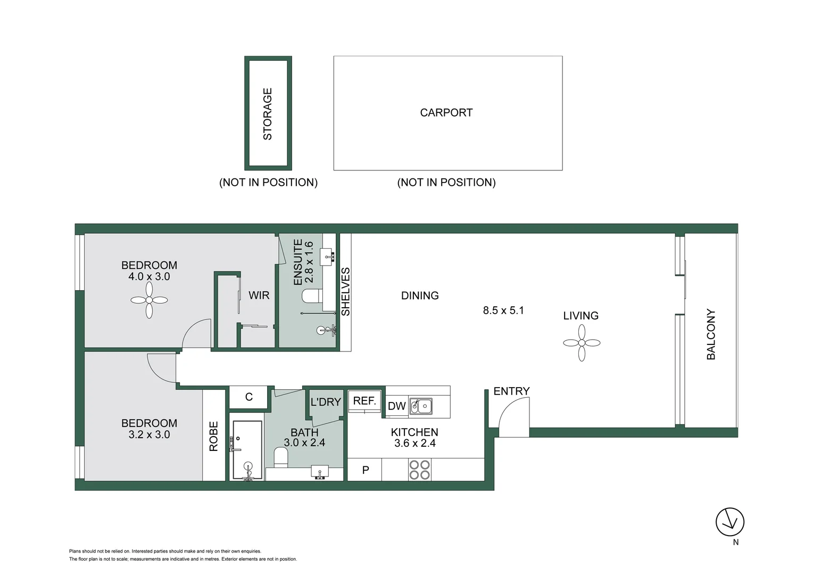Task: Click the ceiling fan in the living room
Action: click(x=582, y=343)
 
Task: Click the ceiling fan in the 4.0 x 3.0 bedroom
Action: click(x=149, y=300)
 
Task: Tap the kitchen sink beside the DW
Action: click(x=420, y=406)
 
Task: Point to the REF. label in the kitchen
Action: click(x=364, y=401)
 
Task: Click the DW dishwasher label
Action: click(x=396, y=406)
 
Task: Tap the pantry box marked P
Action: click(x=365, y=470)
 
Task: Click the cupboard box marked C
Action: click(x=248, y=397)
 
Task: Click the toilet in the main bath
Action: click(x=280, y=456)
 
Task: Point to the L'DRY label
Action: click(x=325, y=402)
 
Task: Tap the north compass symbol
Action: click(x=729, y=522)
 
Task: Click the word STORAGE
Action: click(x=268, y=114)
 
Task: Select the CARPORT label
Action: click(x=446, y=113)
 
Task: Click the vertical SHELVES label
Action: click(x=346, y=292)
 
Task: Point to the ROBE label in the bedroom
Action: click(x=214, y=436)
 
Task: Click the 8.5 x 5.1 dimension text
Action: click(x=503, y=310)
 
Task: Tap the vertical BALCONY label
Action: click(x=711, y=334)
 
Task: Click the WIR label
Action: click(x=259, y=295)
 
